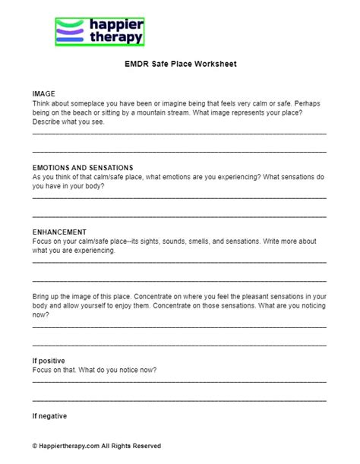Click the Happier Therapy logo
tap(99, 32)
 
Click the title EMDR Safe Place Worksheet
tap(180, 65)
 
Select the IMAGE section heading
tap(44, 93)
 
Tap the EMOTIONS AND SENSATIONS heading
tap(83, 167)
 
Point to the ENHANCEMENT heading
tap(59, 232)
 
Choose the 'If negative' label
tap(50, 415)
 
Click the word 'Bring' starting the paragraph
tap(43, 295)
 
